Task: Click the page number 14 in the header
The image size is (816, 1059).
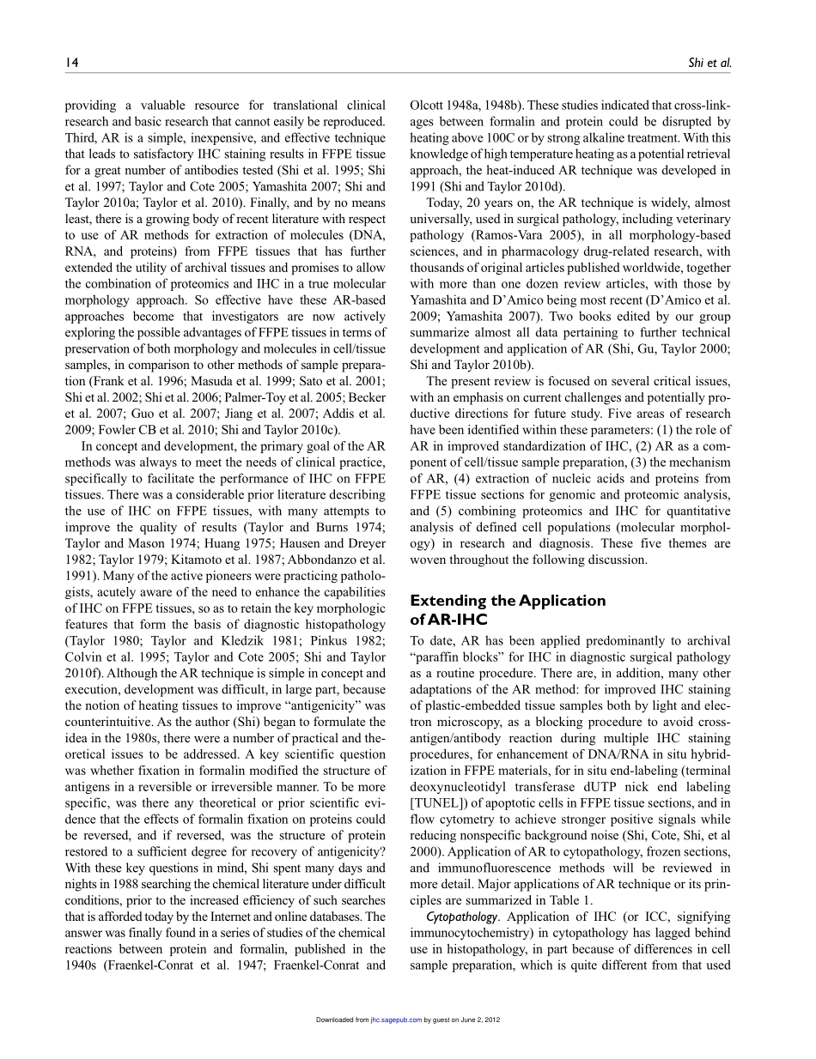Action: pyautogui.click(x=70, y=63)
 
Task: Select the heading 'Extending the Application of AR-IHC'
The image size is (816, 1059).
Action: pyautogui.click(x=508, y=608)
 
